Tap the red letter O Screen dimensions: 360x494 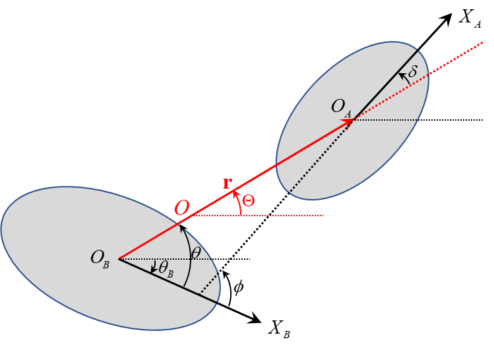[182, 208]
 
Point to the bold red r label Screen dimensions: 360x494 [228, 183]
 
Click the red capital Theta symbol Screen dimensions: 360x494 [249, 202]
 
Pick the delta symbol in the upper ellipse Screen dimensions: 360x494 [413, 72]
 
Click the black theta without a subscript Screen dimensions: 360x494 [196, 253]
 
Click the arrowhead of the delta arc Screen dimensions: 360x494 [401, 75]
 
